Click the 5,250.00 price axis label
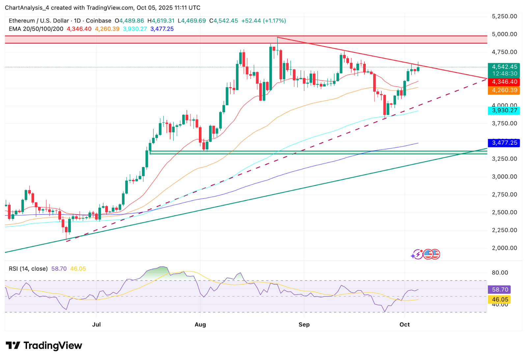pyautogui.click(x=504, y=16)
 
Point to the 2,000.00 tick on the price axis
pyautogui.click(x=504, y=248)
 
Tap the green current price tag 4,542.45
pyautogui.click(x=504, y=67)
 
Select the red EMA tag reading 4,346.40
pyautogui.click(x=504, y=82)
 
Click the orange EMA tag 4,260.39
pyautogui.click(x=504, y=90)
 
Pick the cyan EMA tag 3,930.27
pyautogui.click(x=504, y=110)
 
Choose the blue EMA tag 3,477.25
pyautogui.click(x=504, y=143)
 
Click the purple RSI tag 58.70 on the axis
pyautogui.click(x=500, y=289)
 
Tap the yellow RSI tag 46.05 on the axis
pyautogui.click(x=500, y=299)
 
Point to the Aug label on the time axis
pyautogui.click(x=200, y=324)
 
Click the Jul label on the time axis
pyautogui.click(x=97, y=324)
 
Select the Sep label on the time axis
pyautogui.click(x=304, y=324)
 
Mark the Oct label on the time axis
pyautogui.click(x=404, y=324)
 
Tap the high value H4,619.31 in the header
pyautogui.click(x=161, y=21)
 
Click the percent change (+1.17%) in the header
pyautogui.click(x=274, y=21)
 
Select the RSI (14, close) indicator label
pyautogui.click(x=28, y=269)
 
